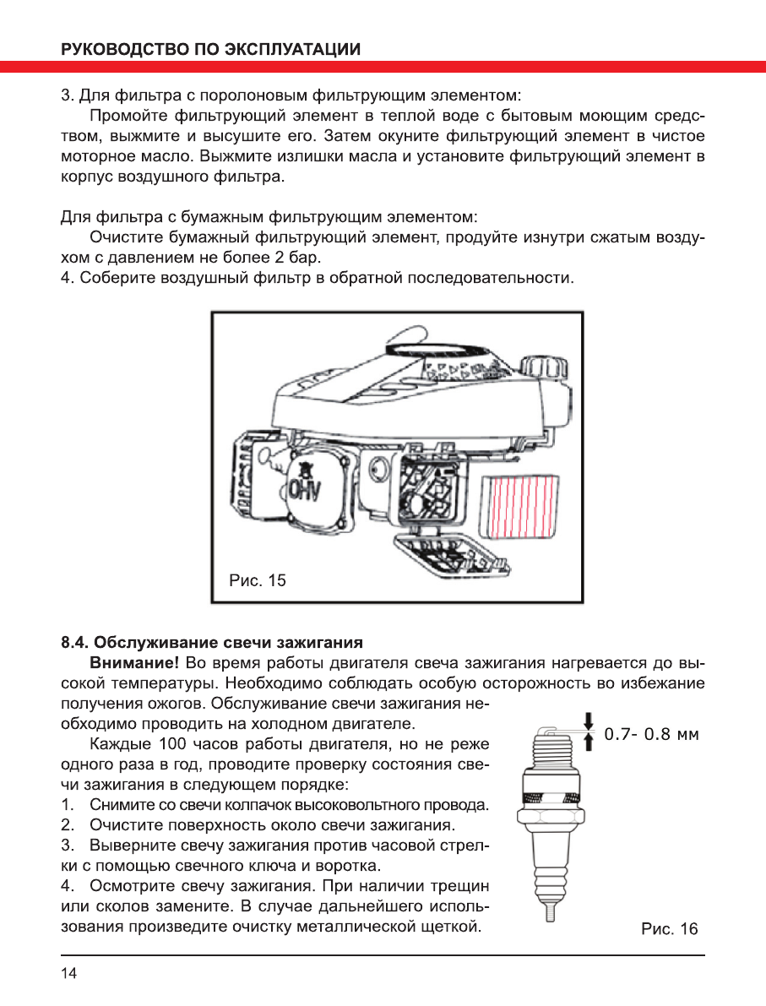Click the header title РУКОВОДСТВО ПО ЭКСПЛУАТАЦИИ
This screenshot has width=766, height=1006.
[x=211, y=49]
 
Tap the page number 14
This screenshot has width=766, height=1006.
[x=68, y=974]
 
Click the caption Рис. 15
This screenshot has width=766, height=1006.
[x=258, y=580]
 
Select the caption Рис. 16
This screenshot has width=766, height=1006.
[x=670, y=930]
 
